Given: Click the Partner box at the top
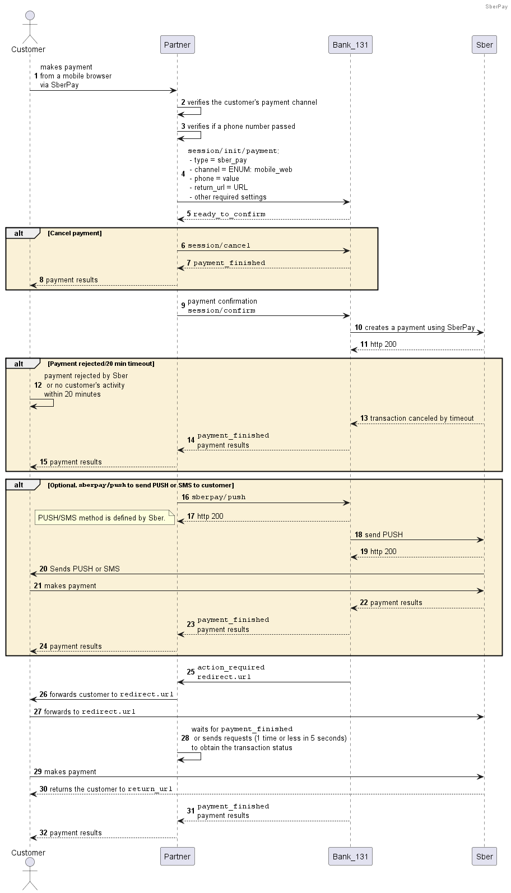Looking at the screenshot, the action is (178, 45).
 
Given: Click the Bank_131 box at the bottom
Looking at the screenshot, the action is (350, 856).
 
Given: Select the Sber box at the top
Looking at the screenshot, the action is (484, 45).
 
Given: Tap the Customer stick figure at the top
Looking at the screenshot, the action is (30, 27).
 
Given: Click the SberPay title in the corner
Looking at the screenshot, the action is (496, 6).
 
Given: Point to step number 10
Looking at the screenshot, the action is (359, 327).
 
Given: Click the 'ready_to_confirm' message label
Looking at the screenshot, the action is (229, 214).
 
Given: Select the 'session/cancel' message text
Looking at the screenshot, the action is (219, 245).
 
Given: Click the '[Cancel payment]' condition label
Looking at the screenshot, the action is (75, 233).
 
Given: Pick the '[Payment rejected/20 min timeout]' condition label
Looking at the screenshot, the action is (101, 364).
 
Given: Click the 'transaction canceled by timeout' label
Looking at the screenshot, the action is (422, 418).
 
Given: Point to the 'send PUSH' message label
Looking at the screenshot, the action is (383, 534).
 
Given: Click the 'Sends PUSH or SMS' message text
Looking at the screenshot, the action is (85, 569).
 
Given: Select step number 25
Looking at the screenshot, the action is (191, 672).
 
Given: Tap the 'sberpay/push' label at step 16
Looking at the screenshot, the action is (219, 497).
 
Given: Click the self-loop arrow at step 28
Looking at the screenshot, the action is (201, 756).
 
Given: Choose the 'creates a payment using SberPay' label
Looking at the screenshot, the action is (420, 327).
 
